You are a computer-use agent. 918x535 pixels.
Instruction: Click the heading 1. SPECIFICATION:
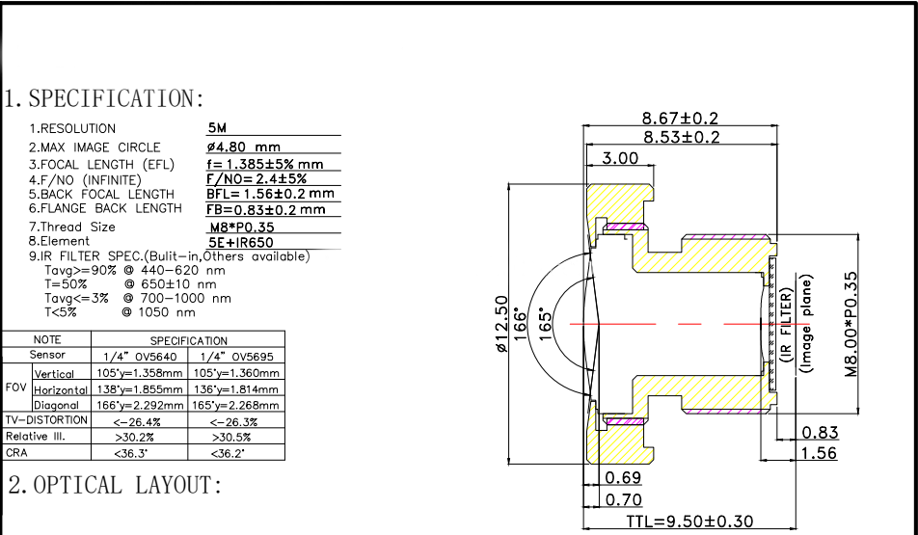pyautogui.click(x=105, y=98)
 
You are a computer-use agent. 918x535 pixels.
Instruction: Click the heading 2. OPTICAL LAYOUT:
pyautogui.click(x=115, y=485)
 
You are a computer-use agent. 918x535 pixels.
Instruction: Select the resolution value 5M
pyautogui.click(x=217, y=128)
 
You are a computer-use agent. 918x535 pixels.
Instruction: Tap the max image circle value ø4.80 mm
pyautogui.click(x=244, y=147)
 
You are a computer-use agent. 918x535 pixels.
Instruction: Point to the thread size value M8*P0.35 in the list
pyautogui.click(x=242, y=227)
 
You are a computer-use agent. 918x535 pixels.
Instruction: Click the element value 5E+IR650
pyautogui.click(x=241, y=242)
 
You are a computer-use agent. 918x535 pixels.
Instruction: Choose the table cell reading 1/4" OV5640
pyautogui.click(x=139, y=356)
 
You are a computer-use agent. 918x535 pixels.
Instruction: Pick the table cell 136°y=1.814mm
pyautogui.click(x=236, y=389)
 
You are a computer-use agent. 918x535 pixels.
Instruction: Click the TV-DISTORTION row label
pyautogui.click(x=46, y=420)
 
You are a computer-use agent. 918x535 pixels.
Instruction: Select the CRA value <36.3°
pyautogui.click(x=130, y=453)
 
